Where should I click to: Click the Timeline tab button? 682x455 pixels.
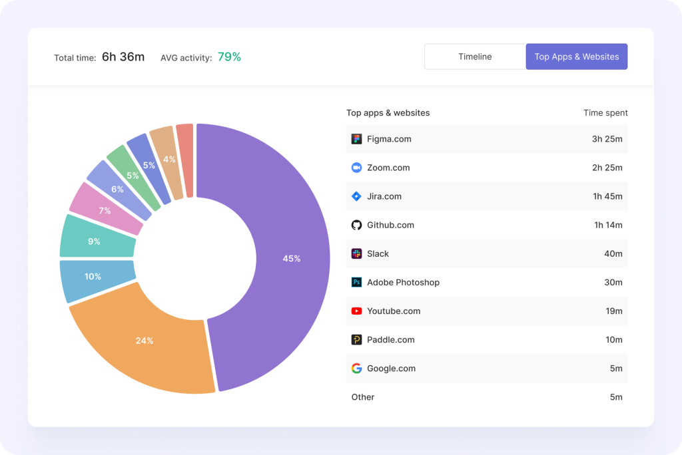coord(475,57)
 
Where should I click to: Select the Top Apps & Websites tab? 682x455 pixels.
coord(576,57)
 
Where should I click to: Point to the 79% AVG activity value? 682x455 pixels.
coord(229,57)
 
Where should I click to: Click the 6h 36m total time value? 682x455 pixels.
coord(123,57)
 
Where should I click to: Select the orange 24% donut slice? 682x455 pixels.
coord(145,341)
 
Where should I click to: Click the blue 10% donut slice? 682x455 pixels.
coord(93,277)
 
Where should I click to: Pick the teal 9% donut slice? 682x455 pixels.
coord(94,241)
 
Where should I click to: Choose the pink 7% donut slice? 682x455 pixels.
coord(105,210)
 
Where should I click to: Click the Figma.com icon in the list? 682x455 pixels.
coord(356,139)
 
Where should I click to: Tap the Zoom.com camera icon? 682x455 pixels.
coord(356,168)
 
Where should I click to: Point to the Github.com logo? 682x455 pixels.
coord(356,225)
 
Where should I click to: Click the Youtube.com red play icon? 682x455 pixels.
coord(356,311)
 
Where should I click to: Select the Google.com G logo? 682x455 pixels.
coord(356,368)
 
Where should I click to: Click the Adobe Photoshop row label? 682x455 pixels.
coord(403,282)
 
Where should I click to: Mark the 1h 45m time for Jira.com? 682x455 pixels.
coord(608,196)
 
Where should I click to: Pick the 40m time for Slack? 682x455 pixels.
coord(613,253)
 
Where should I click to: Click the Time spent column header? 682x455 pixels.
coord(605,113)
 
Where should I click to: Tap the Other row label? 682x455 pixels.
coord(363,397)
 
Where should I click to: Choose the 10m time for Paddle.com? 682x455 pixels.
coord(613,339)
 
